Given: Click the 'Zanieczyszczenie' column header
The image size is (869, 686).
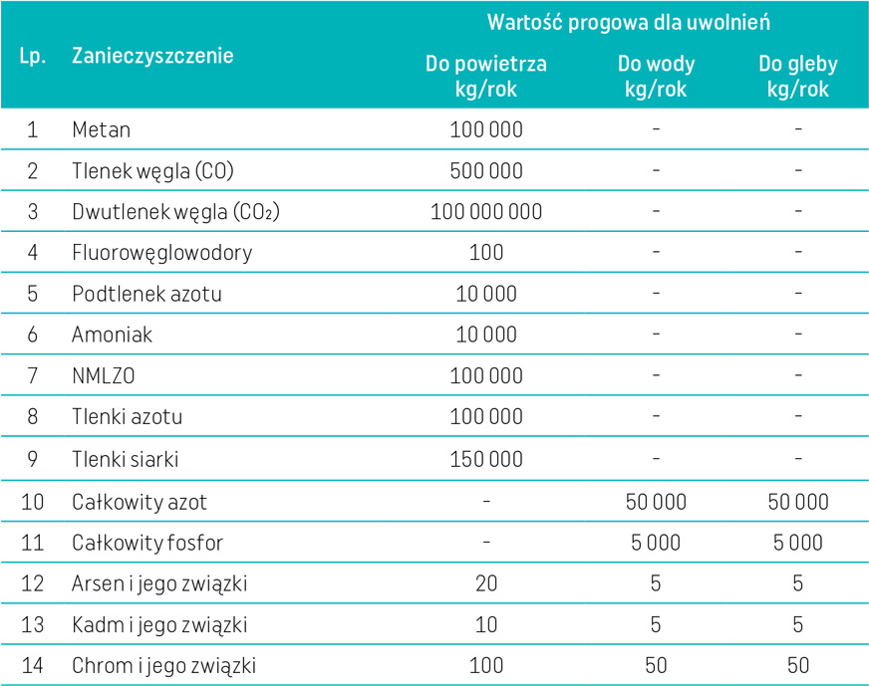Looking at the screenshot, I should (152, 56).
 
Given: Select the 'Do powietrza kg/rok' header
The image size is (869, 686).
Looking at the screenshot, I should (486, 76).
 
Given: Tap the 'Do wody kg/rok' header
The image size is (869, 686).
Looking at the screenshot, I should (656, 76).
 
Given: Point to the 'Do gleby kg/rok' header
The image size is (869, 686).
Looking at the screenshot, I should (798, 76).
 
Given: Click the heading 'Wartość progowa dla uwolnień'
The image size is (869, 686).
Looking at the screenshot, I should (628, 22).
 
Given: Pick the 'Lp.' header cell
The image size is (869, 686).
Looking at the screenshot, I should (32, 56).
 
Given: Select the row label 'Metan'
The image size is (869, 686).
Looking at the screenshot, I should (101, 129).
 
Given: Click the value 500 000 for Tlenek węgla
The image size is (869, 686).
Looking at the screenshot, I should (486, 170).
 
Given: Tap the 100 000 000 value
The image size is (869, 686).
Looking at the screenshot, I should (486, 212).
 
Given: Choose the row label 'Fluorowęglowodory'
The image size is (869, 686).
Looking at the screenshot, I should (161, 253).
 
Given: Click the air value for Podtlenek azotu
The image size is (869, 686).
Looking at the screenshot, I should (486, 294).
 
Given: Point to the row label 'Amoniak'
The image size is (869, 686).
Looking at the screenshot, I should (112, 335).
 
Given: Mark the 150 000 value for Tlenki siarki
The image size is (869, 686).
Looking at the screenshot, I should (486, 459).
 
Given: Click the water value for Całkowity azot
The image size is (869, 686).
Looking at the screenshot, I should (656, 501).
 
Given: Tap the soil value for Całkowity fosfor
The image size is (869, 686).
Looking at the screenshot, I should (798, 542).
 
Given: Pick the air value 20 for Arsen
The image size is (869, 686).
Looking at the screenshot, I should (486, 583).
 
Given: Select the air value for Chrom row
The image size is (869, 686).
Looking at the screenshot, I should (486, 665).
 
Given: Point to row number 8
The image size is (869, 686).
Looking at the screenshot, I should (32, 417).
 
